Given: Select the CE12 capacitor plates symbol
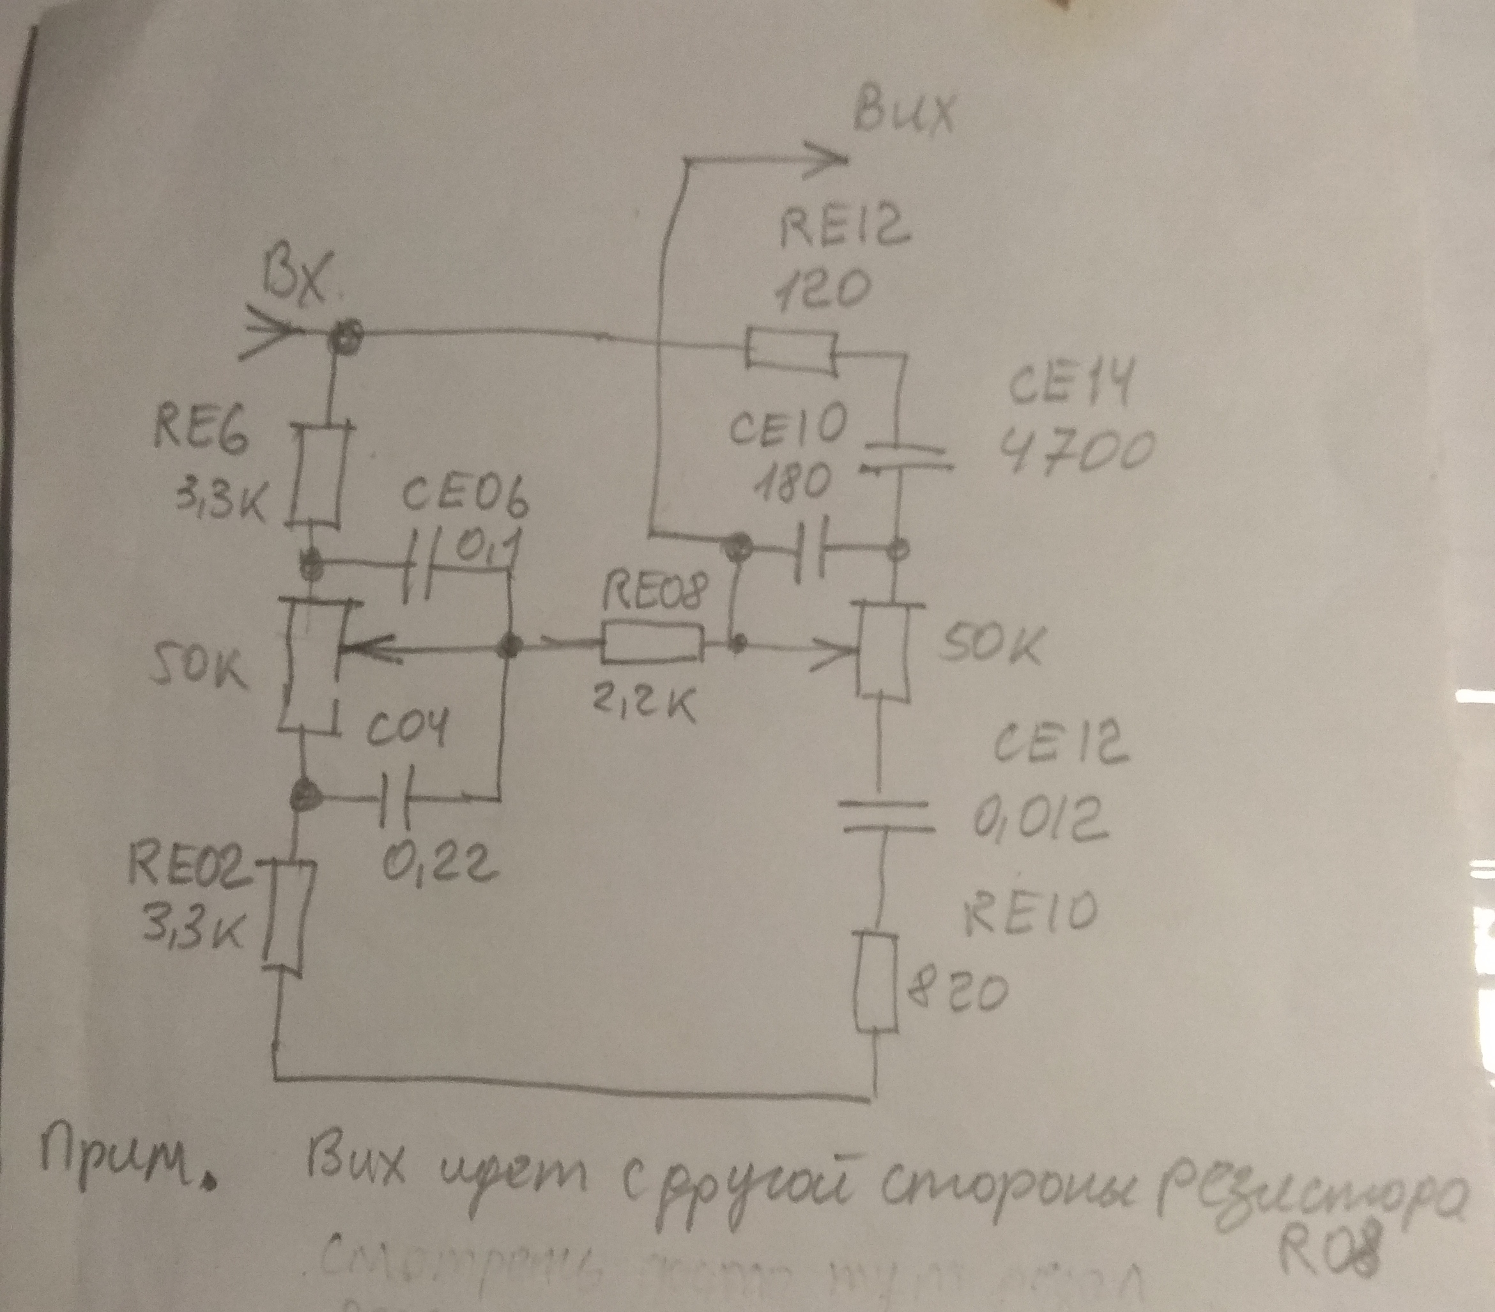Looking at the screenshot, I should (885, 816).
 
